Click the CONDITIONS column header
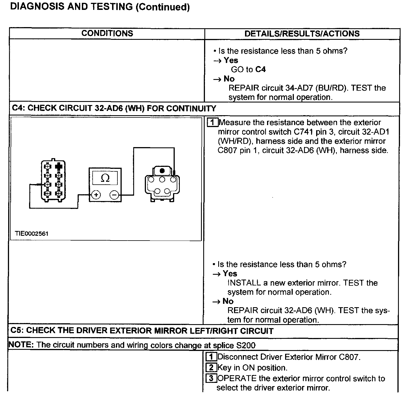107,33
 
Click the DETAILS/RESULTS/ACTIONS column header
302,34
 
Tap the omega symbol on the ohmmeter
105,178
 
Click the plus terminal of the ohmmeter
96,195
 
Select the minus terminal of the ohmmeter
114,195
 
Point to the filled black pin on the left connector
59,166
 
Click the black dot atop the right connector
162,171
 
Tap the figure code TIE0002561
32,233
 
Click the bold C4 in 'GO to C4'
260,69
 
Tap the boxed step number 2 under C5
211,368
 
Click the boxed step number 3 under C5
211,378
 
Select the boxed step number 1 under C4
212,123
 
